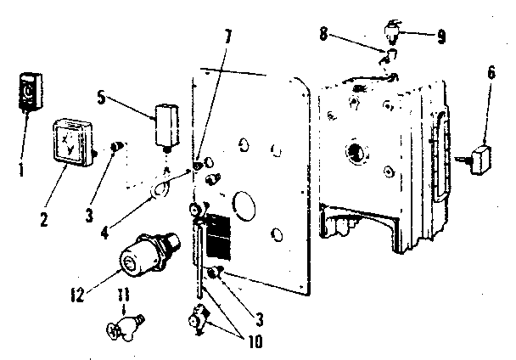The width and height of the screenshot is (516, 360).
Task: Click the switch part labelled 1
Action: pyautogui.click(x=29, y=92)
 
